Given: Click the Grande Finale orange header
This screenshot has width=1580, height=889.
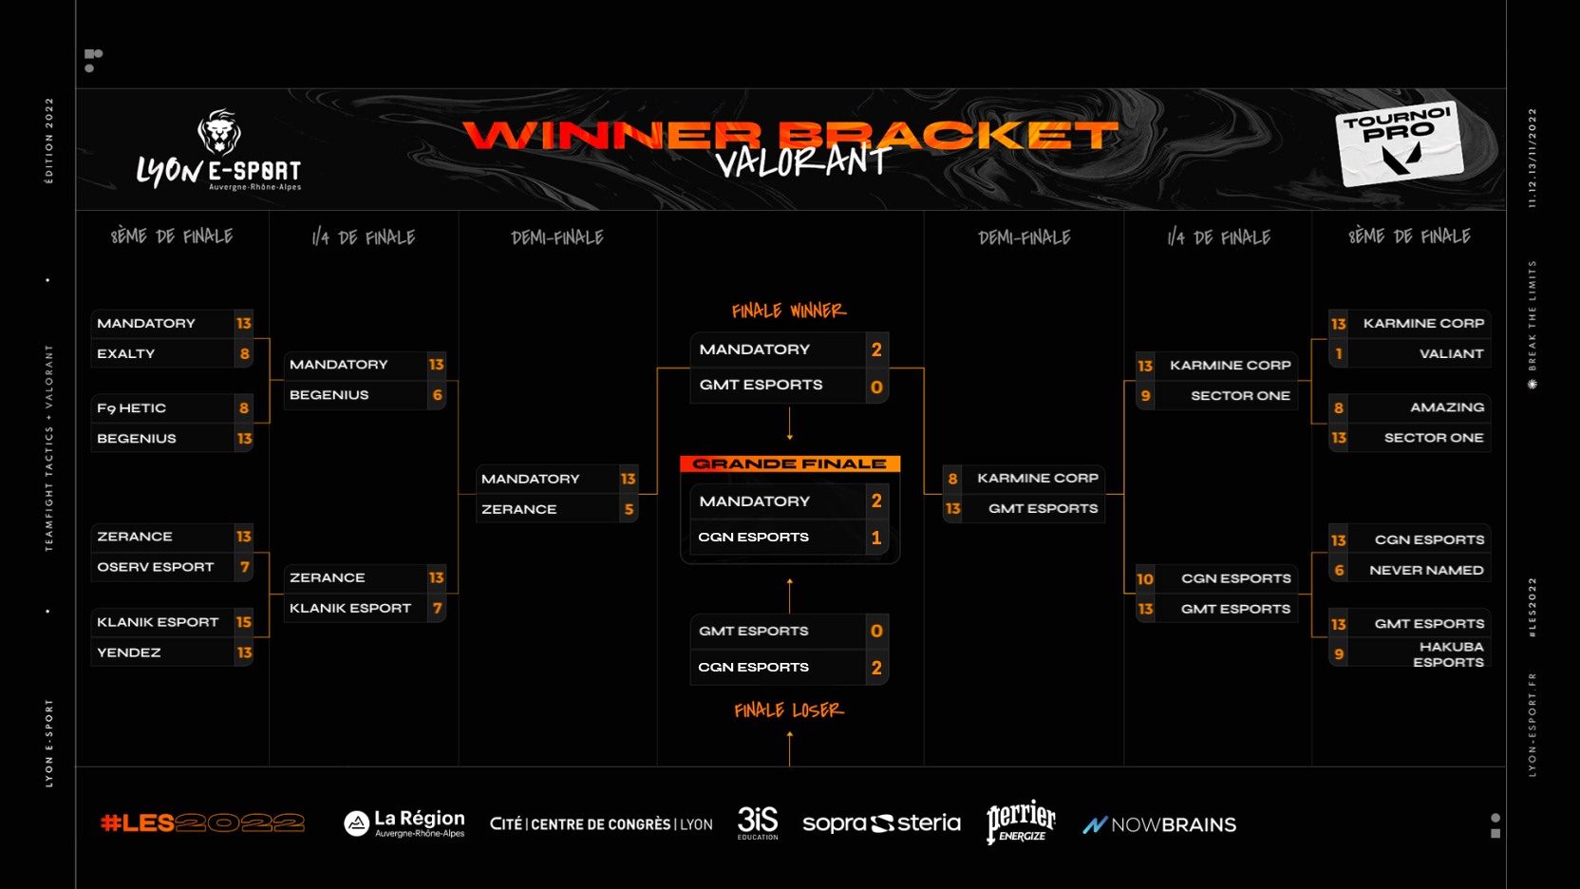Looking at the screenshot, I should [789, 463].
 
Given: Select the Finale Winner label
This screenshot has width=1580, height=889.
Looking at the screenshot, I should [788, 311].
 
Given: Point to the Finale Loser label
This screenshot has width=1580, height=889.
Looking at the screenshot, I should [788, 710].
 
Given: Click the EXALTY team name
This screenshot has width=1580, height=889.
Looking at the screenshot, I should [126, 353].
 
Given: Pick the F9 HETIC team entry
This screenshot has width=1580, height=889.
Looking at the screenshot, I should [132, 408].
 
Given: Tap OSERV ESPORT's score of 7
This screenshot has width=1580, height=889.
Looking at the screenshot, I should [244, 567].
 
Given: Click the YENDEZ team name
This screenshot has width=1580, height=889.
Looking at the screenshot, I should [129, 653].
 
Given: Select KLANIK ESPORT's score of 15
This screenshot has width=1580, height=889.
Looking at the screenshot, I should [244, 622].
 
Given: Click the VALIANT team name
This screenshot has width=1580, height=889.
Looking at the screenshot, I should [1451, 353].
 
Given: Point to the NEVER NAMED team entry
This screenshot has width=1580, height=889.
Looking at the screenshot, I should [1426, 570].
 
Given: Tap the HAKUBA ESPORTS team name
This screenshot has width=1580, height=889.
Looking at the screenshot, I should [1448, 654].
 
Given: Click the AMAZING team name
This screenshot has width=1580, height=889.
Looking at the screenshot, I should [1447, 407].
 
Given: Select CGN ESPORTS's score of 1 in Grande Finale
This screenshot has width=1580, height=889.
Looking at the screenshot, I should [876, 538].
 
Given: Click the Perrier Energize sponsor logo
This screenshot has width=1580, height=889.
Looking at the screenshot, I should [1021, 823].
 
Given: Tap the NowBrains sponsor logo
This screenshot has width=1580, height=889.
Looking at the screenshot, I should [1159, 824].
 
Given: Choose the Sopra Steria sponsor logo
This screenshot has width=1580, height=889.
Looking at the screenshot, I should [881, 823].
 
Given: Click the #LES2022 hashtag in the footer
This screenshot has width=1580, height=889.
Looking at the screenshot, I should [202, 823].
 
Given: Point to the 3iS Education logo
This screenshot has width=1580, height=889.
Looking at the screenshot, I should [758, 823].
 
